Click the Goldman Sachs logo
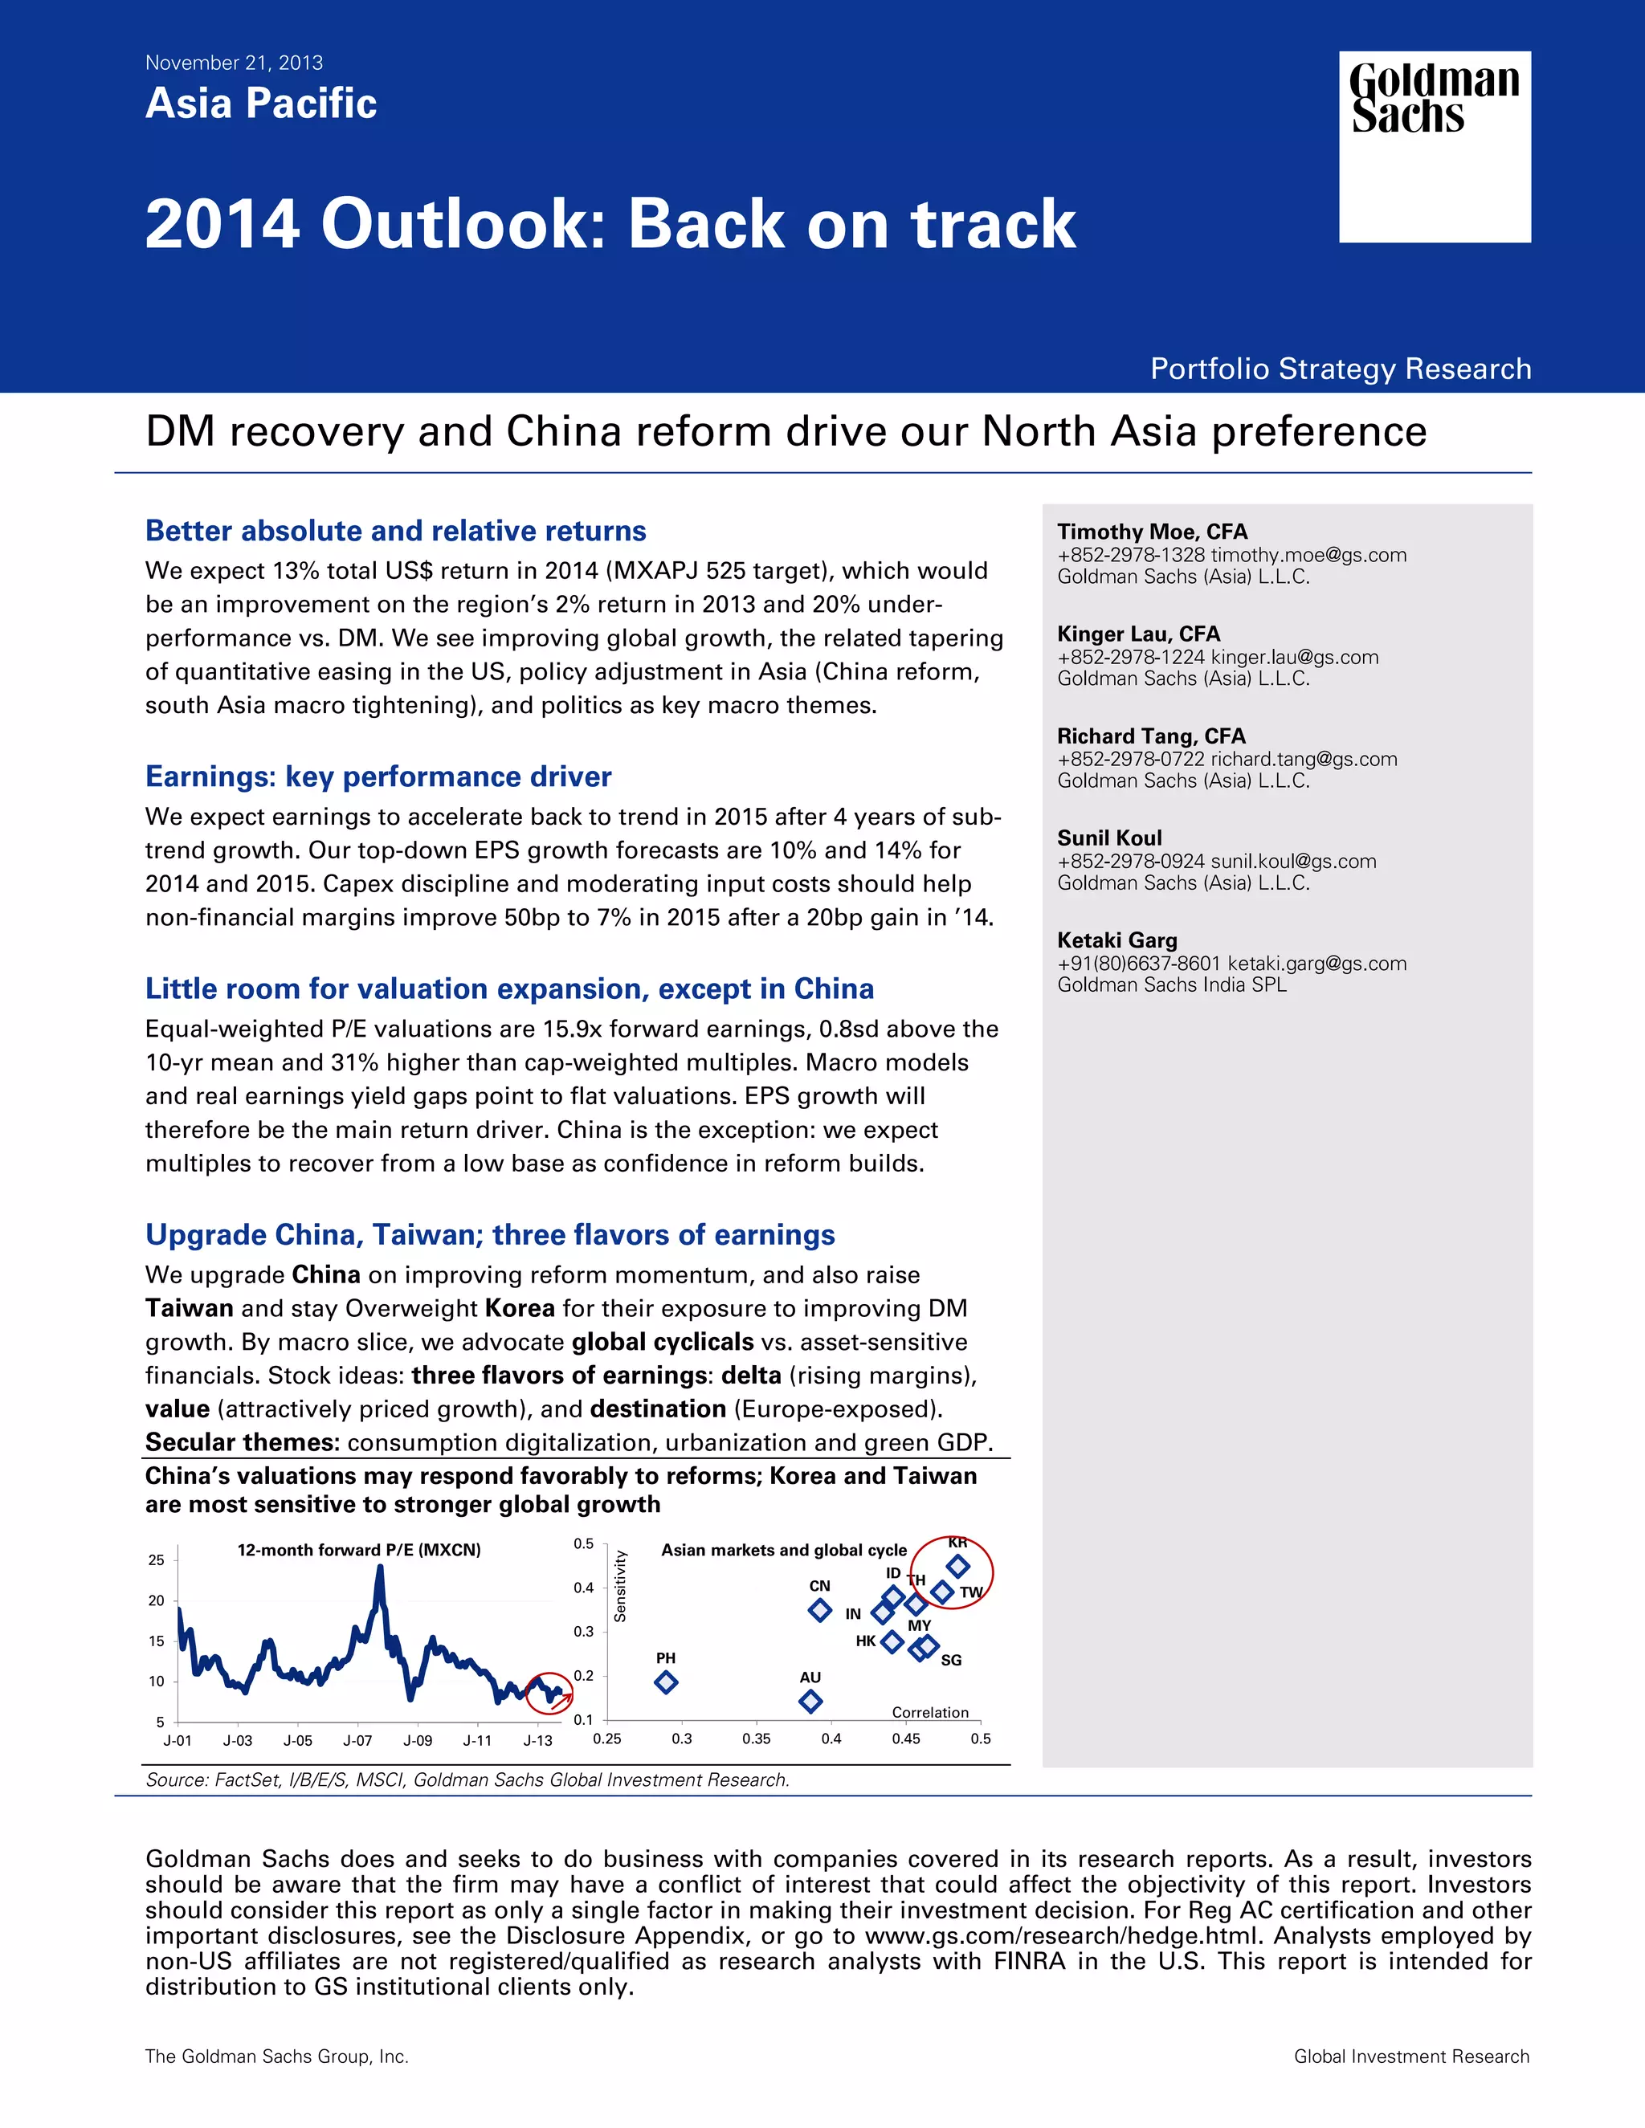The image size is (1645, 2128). tap(1435, 146)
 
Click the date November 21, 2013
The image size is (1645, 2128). tap(234, 63)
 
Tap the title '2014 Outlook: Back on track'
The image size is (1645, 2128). tap(610, 224)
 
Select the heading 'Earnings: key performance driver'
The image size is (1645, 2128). tap(378, 777)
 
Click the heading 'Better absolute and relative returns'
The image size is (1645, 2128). tap(396, 531)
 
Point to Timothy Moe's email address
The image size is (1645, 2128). tap(1308, 554)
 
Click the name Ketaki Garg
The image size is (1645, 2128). tap(1116, 940)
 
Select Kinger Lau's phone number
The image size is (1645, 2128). tap(1130, 657)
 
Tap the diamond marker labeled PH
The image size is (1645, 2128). tap(666, 1682)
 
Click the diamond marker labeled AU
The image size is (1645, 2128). tap(810, 1702)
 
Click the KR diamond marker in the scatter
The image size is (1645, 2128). tap(958, 1566)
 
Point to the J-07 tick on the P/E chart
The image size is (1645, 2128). tap(357, 1740)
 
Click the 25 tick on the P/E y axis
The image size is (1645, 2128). tap(156, 1560)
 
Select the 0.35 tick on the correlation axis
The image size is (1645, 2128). tap(756, 1739)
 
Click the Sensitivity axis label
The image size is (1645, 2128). tap(620, 1585)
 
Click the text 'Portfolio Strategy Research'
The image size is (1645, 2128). tap(1340, 369)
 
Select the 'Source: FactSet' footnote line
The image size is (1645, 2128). tap(467, 1780)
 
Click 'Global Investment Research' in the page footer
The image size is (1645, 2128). tap(1411, 2056)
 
